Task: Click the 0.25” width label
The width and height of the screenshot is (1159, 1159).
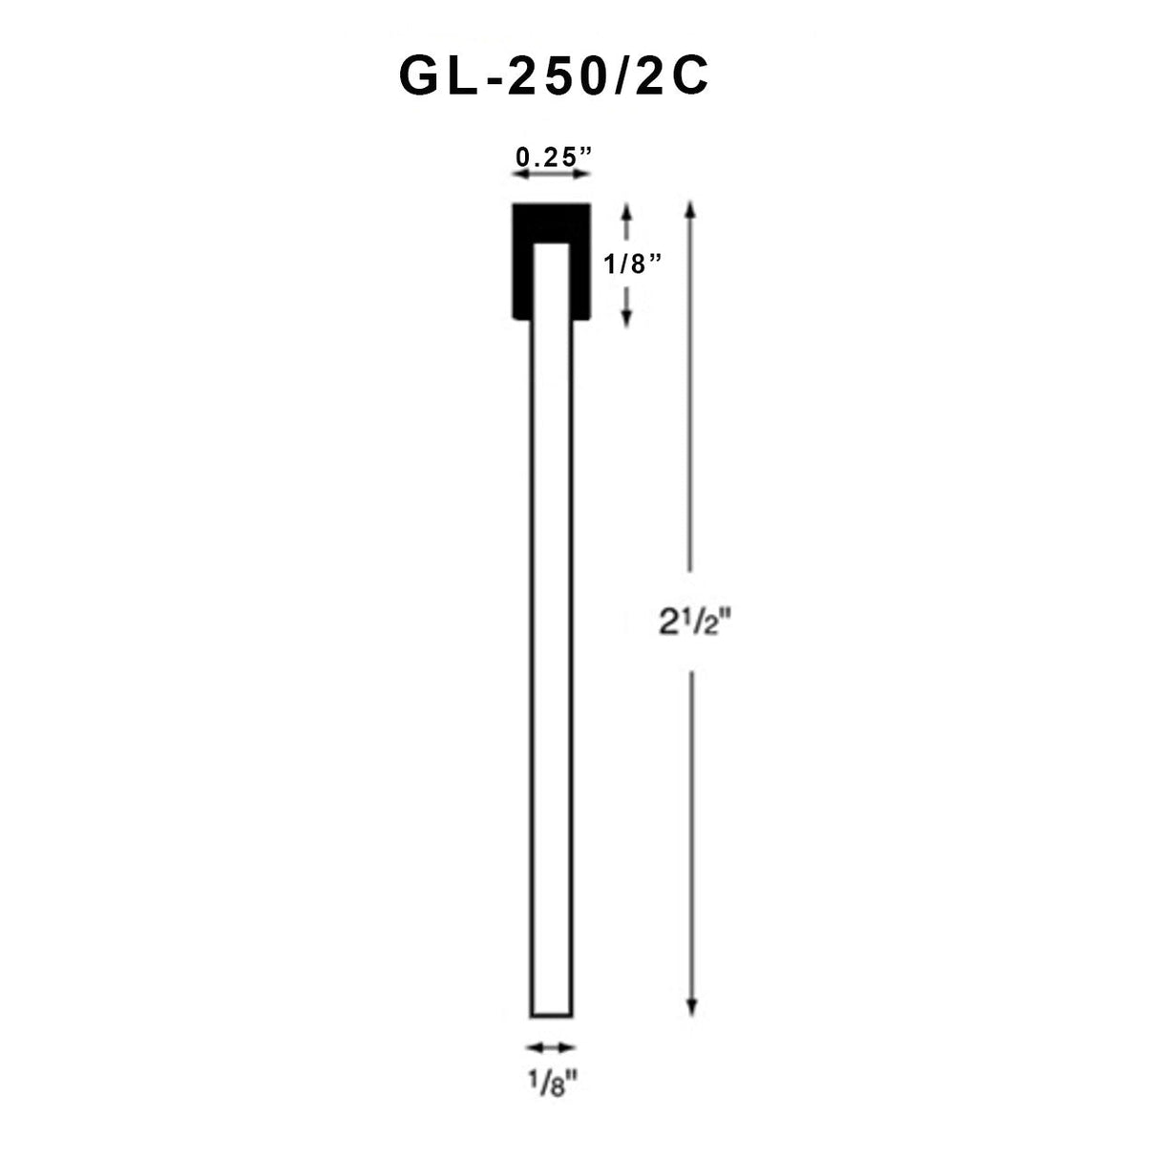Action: (551, 157)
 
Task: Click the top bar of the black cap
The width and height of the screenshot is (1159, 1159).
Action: (551, 222)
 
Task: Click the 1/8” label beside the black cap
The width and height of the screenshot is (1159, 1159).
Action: (633, 264)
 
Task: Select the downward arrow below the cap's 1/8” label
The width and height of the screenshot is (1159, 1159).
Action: (627, 307)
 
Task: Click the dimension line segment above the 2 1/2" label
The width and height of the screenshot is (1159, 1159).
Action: (692, 401)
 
